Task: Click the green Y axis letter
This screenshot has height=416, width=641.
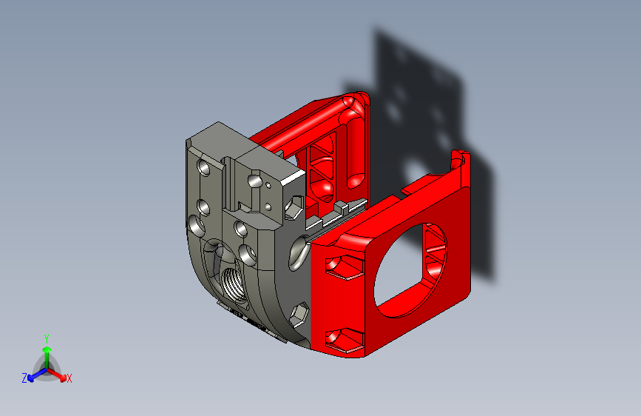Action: click(46, 337)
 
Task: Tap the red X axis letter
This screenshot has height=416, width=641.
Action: click(69, 379)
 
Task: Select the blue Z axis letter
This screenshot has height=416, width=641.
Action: click(24, 378)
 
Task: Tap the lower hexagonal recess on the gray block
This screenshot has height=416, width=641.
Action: click(299, 316)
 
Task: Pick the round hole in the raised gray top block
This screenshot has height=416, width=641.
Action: click(254, 180)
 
